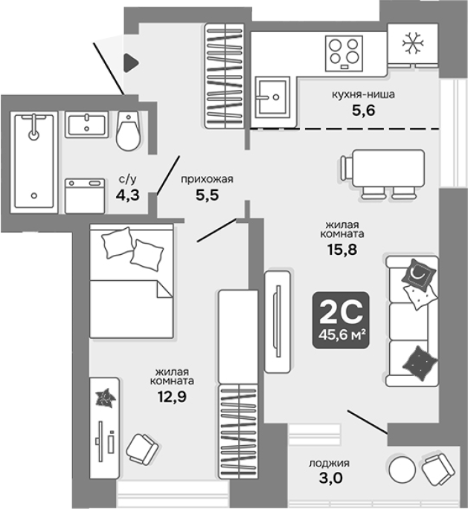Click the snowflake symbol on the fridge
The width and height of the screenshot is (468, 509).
413,43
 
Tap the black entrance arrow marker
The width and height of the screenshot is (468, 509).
131,63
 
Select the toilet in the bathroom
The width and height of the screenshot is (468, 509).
129,131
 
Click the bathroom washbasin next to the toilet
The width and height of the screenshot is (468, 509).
86,124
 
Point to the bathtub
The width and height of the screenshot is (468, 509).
33,162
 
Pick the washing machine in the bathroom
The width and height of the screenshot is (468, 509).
85,196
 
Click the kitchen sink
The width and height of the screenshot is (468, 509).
272,97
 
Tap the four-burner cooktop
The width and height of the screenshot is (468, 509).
344,54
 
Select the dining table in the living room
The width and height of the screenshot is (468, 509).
388,169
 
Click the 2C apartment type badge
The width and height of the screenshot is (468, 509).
341,320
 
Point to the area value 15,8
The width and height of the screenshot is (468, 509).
342,250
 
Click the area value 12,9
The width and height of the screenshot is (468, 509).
172,396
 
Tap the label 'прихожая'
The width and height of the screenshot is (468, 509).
207,179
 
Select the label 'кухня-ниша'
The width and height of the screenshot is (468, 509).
363,94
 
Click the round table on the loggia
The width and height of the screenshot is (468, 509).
403,469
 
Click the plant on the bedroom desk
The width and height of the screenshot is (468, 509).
106,398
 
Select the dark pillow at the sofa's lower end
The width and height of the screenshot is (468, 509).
420,363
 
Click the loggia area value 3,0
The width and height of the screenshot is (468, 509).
330,478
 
